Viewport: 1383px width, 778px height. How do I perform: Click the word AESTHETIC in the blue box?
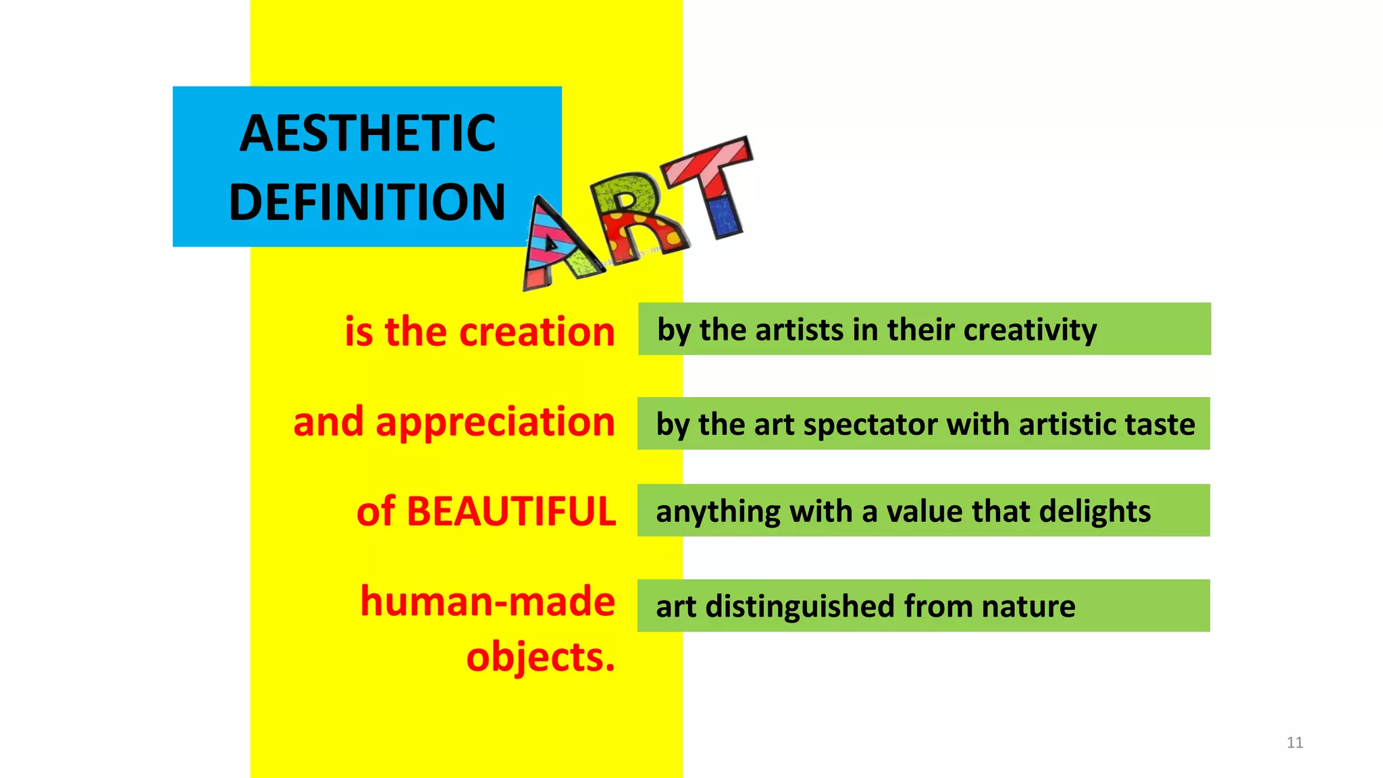[367, 133]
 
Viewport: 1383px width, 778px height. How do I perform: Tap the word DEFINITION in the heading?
[367, 202]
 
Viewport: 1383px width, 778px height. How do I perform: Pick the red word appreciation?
[495, 422]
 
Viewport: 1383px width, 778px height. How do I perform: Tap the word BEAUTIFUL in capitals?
[511, 511]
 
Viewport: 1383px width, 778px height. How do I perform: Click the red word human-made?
[487, 601]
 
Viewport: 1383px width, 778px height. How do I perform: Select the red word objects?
[540, 657]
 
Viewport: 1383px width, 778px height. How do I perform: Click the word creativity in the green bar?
[1030, 330]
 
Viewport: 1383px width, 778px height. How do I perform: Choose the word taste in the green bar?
[1159, 425]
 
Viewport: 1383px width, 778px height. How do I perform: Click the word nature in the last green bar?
[1028, 606]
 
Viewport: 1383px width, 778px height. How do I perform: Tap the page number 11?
[1294, 742]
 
